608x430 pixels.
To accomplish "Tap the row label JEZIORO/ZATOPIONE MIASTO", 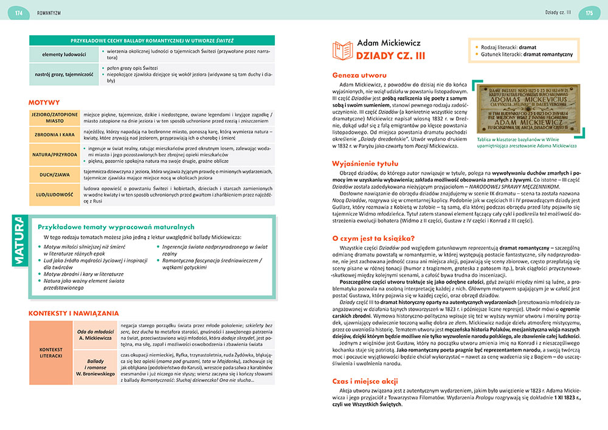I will [x=55, y=117].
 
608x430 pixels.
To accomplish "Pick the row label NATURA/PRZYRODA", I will [x=55, y=154].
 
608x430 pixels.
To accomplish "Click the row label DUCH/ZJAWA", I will [x=55, y=175].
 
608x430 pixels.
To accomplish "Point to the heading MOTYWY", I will [x=44, y=102].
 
